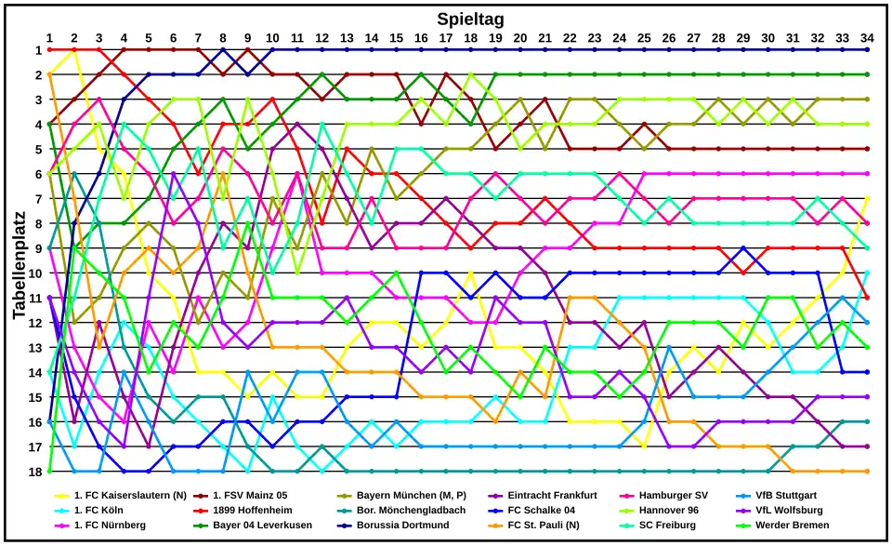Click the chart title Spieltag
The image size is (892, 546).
(470, 19)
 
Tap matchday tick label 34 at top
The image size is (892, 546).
(867, 37)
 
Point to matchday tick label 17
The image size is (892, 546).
(446, 37)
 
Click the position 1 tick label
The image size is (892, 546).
(38, 49)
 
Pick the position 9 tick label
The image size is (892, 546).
(38, 248)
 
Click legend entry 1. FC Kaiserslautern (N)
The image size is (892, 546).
(130, 496)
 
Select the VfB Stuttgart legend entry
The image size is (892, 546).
(786, 496)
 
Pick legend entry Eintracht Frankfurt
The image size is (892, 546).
(552, 496)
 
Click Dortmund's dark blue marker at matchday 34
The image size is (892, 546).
(867, 49)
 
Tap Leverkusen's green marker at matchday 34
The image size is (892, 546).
(867, 74)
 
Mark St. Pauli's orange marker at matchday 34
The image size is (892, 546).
(867, 472)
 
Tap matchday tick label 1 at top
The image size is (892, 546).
(49, 37)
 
